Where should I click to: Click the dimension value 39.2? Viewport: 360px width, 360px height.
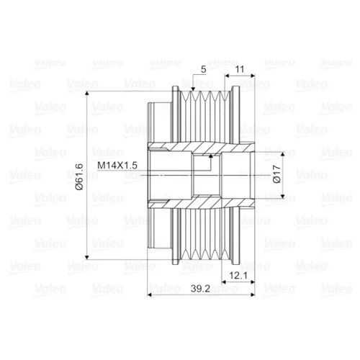coord(200,288)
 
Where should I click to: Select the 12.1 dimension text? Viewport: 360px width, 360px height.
coord(238,276)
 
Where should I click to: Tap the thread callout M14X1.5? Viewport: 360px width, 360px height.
coord(117,166)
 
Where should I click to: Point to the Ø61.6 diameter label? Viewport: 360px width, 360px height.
coord(79,177)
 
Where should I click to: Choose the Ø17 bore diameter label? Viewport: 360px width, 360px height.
coord(276,174)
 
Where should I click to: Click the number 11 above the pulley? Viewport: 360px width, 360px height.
coord(240,69)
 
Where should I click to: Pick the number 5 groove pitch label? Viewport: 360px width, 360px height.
coord(203,69)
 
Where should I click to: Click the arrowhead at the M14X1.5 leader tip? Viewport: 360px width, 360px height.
coord(211,156)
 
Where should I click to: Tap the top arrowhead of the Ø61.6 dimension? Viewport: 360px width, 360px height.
coord(87,94)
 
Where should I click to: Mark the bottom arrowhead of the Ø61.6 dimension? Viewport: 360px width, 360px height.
coord(87,257)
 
